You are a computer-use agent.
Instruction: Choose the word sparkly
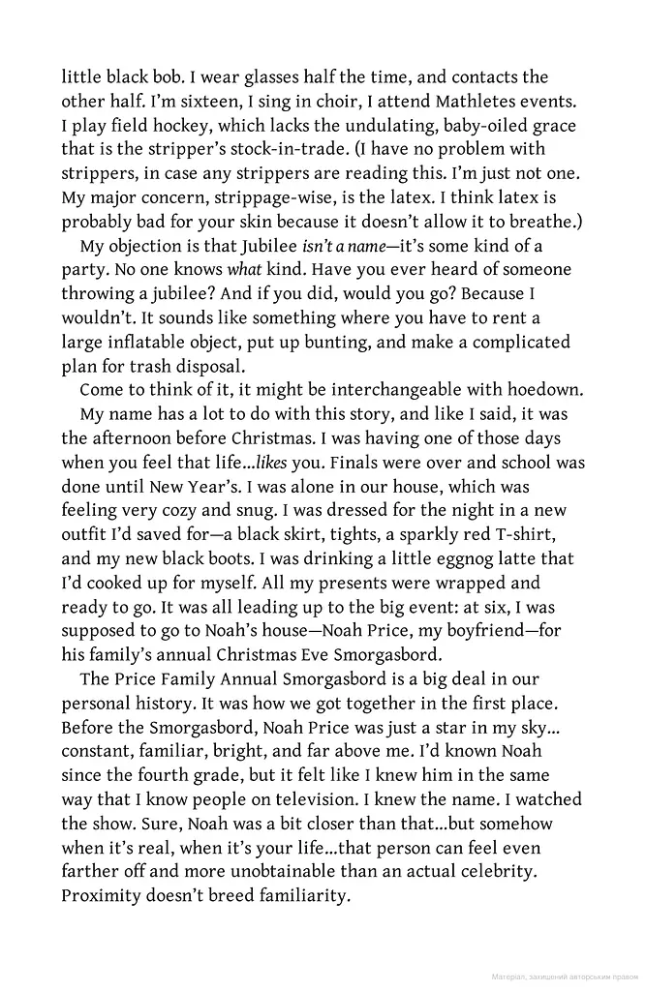(407, 535)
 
